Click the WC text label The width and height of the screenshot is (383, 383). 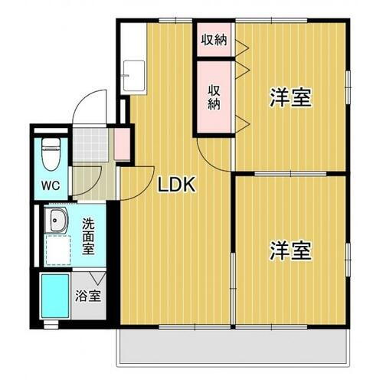click(x=51, y=185)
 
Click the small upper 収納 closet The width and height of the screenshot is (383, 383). click(x=213, y=39)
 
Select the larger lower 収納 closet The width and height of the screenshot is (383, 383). click(x=214, y=95)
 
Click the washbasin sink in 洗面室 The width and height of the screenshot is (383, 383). click(x=56, y=222)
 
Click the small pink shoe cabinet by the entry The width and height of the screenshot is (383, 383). click(x=119, y=142)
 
